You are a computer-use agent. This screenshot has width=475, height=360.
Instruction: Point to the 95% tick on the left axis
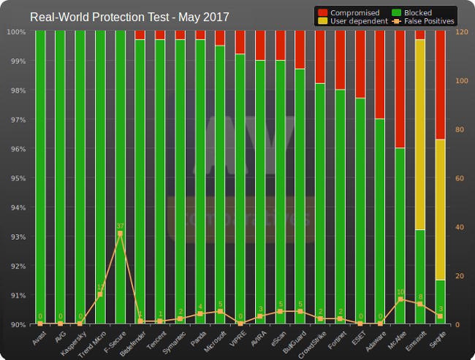coord(16,178)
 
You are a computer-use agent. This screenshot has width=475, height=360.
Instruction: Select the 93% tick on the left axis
coord(16,237)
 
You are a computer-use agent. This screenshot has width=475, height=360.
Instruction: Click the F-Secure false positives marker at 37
coord(120,234)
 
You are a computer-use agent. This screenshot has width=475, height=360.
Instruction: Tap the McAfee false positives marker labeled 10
coord(400,299)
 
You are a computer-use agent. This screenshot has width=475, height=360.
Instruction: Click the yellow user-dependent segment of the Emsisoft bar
coord(419,134)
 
